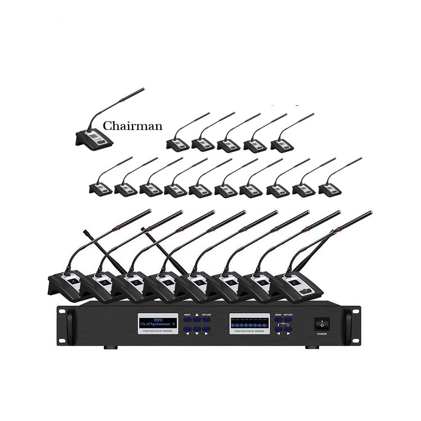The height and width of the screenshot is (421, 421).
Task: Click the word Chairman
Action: (133, 126)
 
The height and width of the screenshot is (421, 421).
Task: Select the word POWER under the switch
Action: (322, 335)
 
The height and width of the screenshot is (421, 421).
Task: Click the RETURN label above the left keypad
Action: (206, 315)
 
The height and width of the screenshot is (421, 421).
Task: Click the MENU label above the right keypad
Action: (278, 315)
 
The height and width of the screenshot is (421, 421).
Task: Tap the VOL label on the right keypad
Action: (283, 324)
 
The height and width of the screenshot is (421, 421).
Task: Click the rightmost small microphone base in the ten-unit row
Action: (330, 190)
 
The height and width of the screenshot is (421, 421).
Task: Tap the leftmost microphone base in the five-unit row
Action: (177, 145)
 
